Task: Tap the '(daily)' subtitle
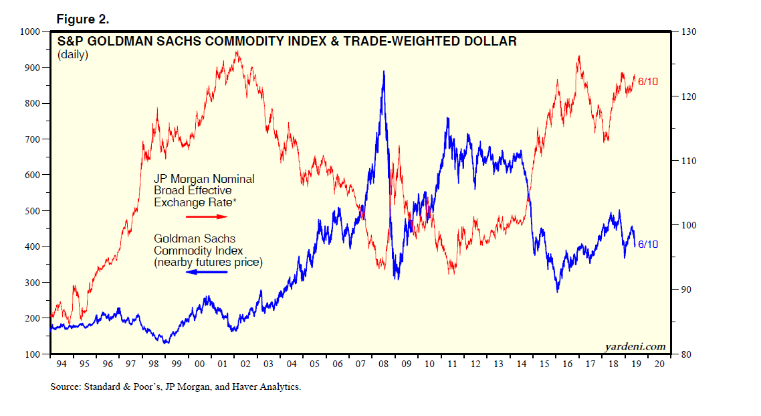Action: [73, 55]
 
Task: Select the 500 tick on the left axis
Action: [33, 211]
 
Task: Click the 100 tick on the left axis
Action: [33, 354]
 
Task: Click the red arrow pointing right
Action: [207, 217]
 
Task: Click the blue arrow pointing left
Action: [207, 273]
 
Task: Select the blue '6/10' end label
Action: [648, 245]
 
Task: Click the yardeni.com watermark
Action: [635, 346]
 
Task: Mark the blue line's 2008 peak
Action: [383, 72]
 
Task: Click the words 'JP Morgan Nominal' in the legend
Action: [204, 180]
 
